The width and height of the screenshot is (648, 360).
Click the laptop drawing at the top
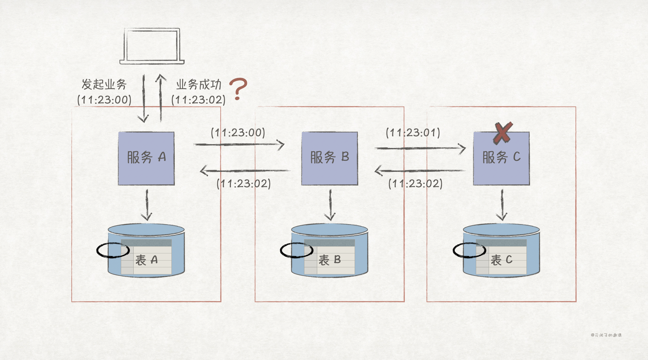pos(152,46)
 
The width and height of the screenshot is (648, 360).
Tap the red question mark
pos(238,89)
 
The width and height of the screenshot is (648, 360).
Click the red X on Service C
pos(503,133)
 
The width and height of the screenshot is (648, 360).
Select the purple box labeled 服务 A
pos(146,158)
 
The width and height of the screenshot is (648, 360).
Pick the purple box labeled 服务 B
pos(329,158)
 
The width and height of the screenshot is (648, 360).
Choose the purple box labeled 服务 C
pos(501,158)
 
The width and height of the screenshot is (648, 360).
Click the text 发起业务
pos(104,84)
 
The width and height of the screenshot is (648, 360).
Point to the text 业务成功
pos(199,84)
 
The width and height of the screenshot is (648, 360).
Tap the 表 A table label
pos(146,260)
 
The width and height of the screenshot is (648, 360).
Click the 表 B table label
pos(330,260)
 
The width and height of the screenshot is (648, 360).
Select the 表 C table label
pos(502,260)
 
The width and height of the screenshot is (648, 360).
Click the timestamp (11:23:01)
pos(413,133)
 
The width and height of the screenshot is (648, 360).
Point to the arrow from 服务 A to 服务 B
pos(239,144)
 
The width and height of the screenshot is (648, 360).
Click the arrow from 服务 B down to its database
pos(330,205)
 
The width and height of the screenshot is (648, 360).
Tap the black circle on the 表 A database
pos(113,250)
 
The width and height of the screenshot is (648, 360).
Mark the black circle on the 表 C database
pos(469,250)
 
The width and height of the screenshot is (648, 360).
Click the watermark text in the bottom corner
pos(606,335)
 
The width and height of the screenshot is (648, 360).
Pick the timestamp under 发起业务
pos(104,100)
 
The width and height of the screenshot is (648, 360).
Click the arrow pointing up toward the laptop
pos(161,98)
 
